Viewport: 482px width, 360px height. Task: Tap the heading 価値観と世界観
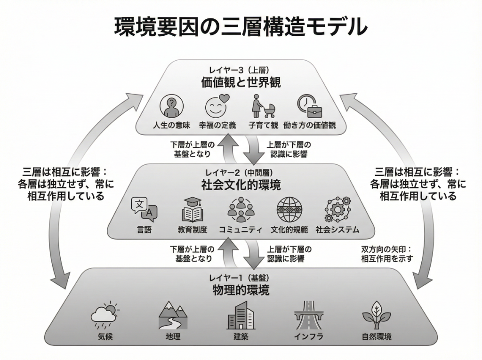pyautogui.click(x=241, y=82)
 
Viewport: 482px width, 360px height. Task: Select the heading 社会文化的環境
pyautogui.click(x=241, y=185)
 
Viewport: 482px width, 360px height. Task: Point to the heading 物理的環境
pyautogui.click(x=241, y=290)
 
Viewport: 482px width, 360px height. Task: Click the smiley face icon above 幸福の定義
pyautogui.click(x=217, y=107)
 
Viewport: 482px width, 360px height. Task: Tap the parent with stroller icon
pyautogui.click(x=262, y=107)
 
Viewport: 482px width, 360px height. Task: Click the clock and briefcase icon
pyautogui.click(x=309, y=106)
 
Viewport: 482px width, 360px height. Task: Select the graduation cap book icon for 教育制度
pyautogui.click(x=192, y=210)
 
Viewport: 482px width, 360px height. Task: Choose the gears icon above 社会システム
pyautogui.click(x=337, y=210)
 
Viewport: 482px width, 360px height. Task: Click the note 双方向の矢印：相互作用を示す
pyautogui.click(x=386, y=254)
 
